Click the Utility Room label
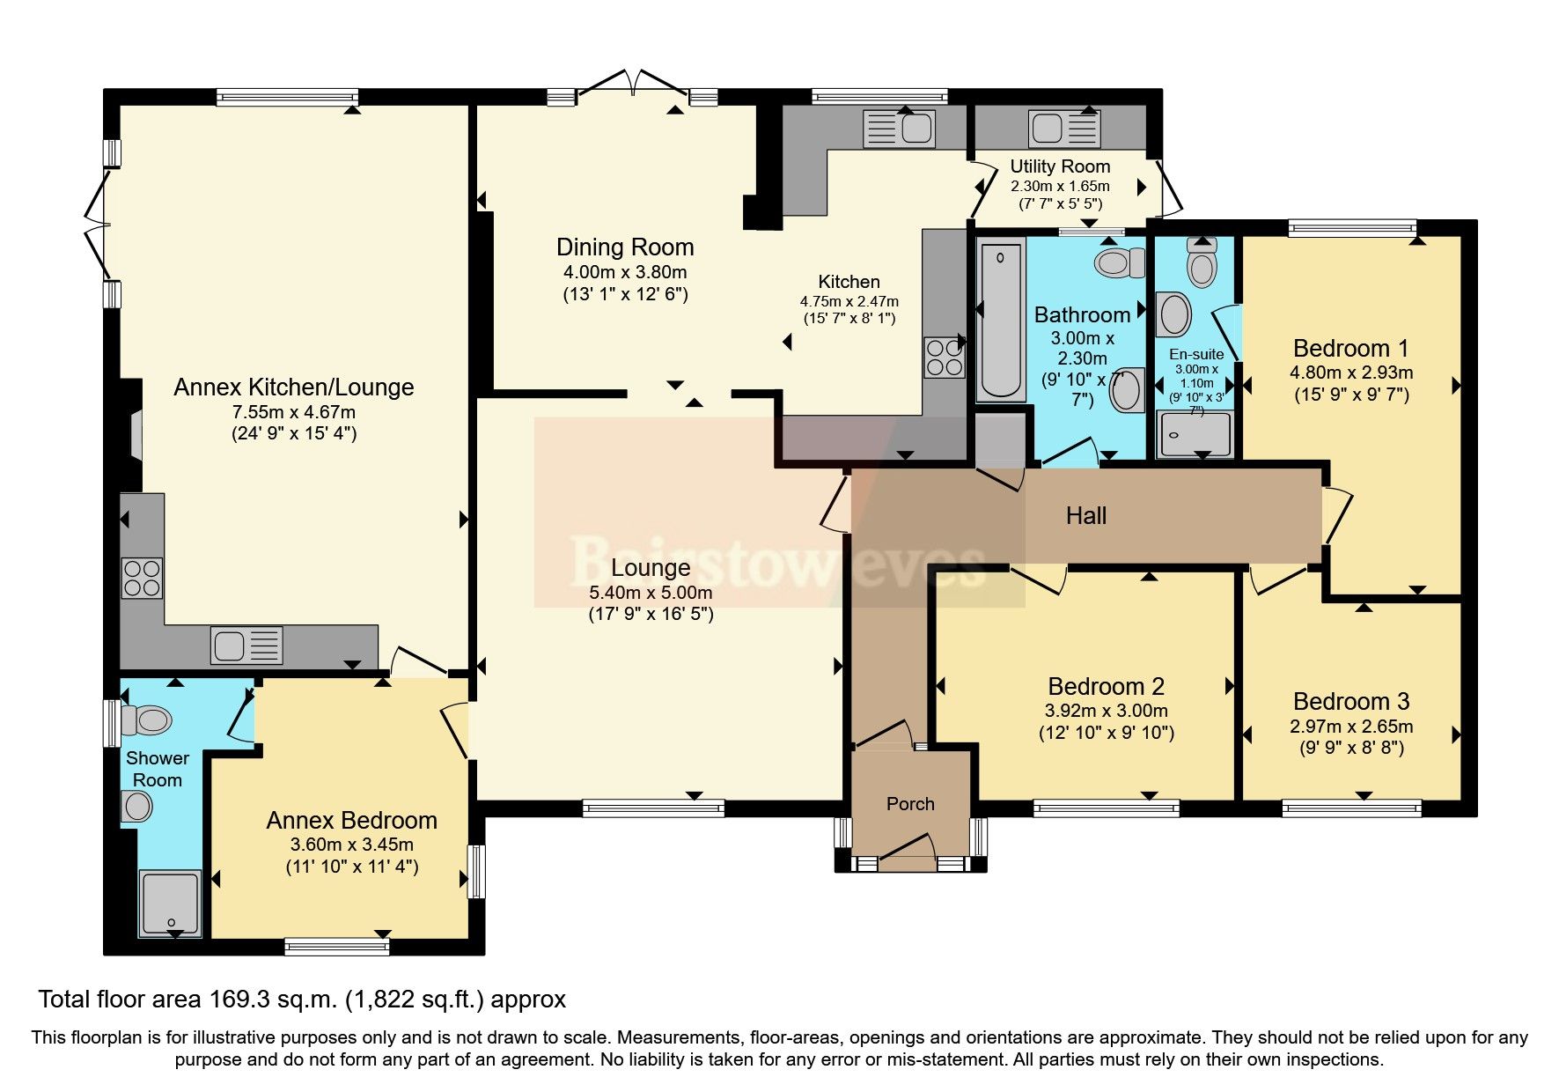(1059, 166)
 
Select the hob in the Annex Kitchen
(143, 578)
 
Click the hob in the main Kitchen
(943, 358)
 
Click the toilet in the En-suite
(1202, 262)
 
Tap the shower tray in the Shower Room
(171, 903)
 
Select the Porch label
(910, 804)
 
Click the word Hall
(1085, 516)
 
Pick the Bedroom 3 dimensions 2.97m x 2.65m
(1351, 727)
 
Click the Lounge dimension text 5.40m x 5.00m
(651, 593)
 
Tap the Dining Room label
(625, 247)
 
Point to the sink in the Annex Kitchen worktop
(246, 646)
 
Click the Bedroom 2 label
(1106, 686)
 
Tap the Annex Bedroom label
(351, 821)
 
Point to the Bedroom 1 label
(1350, 348)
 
